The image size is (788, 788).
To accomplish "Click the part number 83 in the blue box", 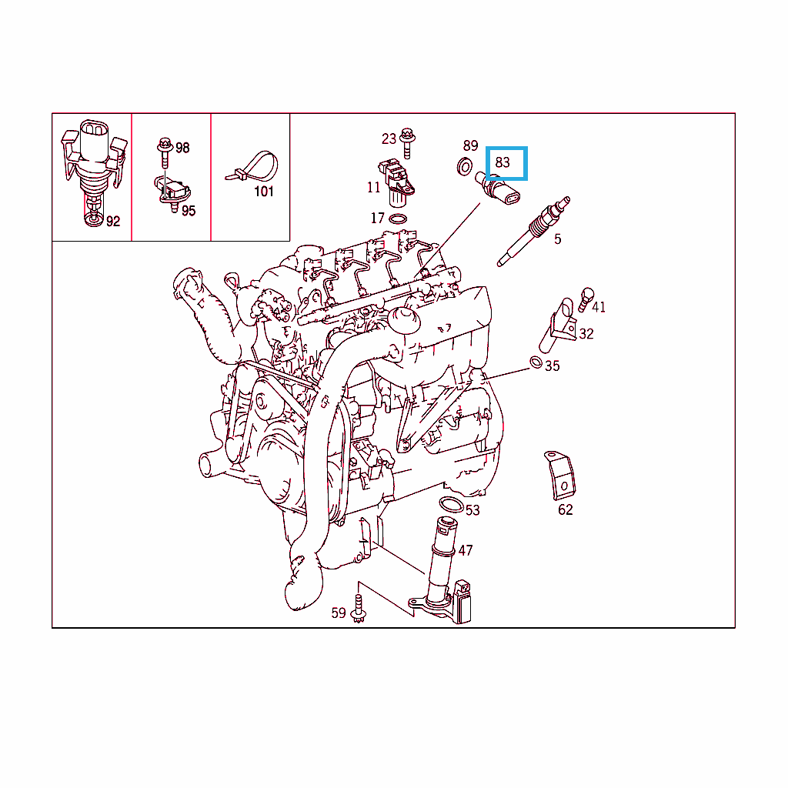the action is click(x=502, y=162).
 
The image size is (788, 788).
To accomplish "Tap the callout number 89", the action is click(x=470, y=145).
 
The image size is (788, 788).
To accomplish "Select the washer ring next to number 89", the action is click(x=465, y=166).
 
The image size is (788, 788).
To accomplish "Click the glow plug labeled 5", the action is click(x=533, y=232).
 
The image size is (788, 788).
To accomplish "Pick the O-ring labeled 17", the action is click(x=398, y=219).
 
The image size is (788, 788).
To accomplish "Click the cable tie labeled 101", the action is click(x=253, y=167).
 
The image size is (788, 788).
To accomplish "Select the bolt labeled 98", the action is click(x=165, y=152).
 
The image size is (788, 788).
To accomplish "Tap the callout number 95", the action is click(x=189, y=211).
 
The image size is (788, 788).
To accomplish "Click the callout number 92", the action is click(x=113, y=222).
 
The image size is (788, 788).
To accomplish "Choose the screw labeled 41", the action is click(x=585, y=299).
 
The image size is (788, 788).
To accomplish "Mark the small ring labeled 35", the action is click(x=536, y=362).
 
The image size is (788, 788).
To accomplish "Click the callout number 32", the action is click(x=586, y=334).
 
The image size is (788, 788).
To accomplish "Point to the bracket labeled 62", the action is click(x=559, y=476).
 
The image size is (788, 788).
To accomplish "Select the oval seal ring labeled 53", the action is click(x=451, y=504).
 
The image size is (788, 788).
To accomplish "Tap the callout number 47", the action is click(x=466, y=551).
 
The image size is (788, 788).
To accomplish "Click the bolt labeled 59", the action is click(x=359, y=609).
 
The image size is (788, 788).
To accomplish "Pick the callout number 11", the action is click(x=373, y=188).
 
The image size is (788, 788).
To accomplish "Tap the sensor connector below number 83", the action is click(x=498, y=188).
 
